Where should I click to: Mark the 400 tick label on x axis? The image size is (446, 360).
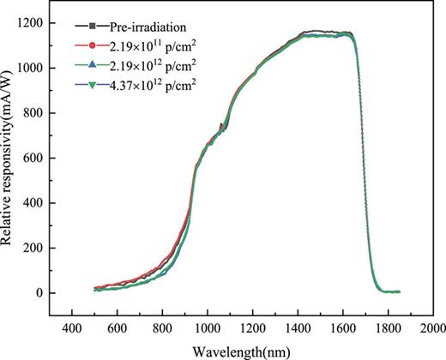(70, 328)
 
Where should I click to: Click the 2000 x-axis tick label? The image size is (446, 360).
(433, 328)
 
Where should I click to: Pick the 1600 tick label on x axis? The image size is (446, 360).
(342, 328)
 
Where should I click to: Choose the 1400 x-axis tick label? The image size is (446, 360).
(297, 328)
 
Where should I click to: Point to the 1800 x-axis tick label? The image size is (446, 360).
(388, 328)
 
